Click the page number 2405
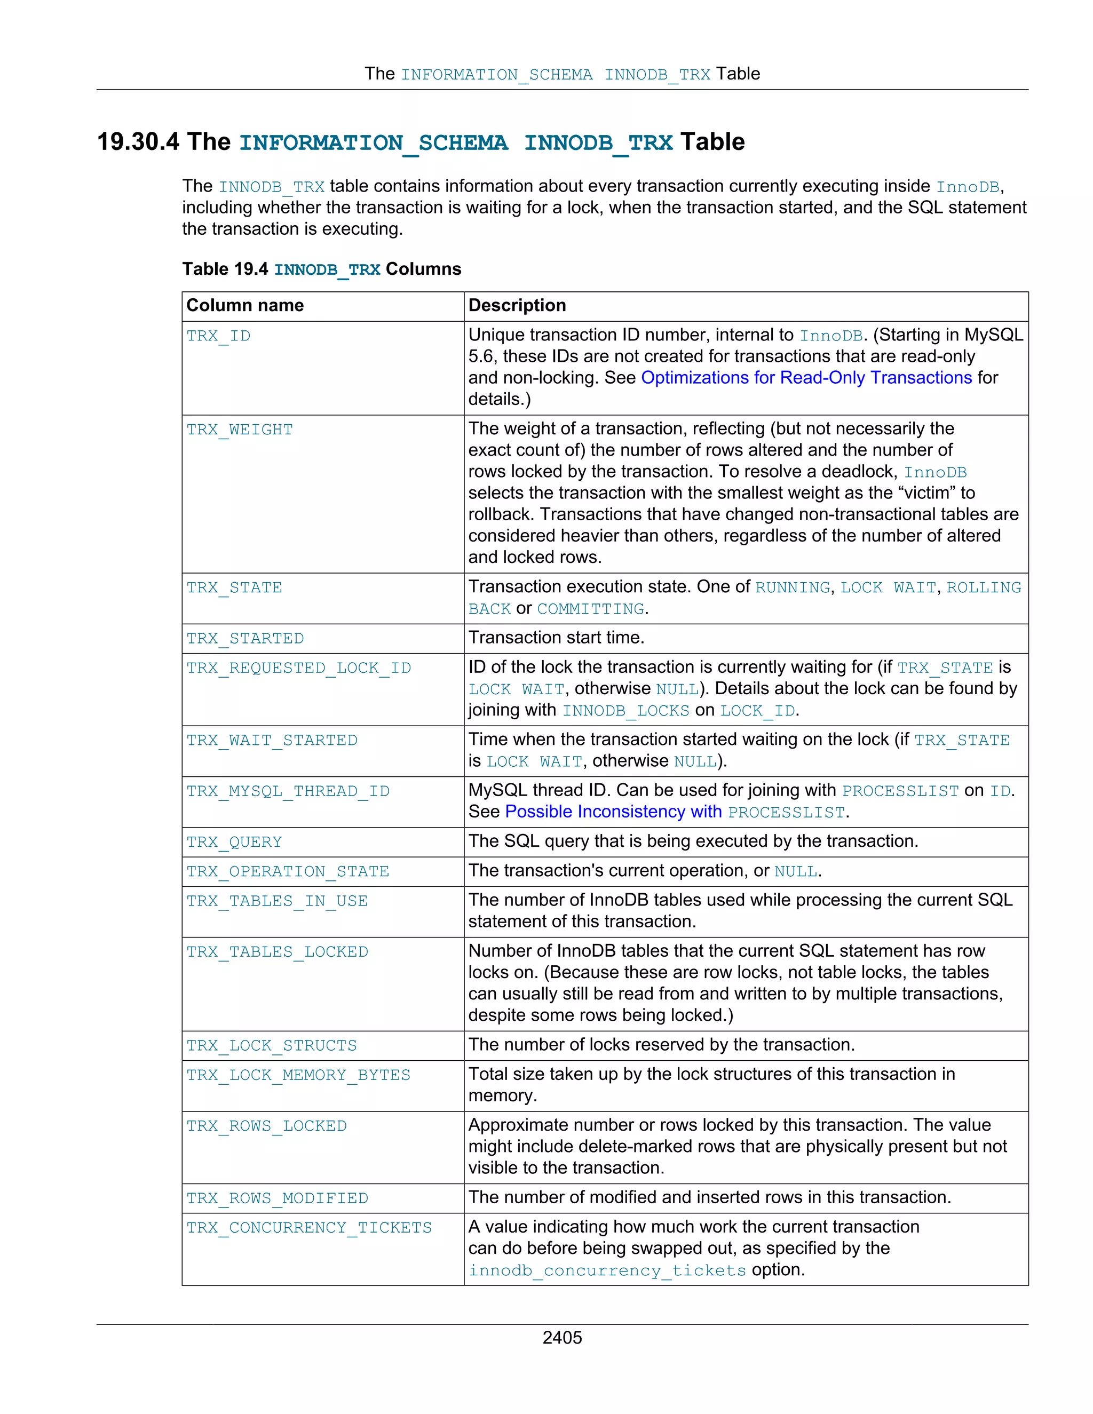tap(562, 1338)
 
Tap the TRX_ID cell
tap(218, 336)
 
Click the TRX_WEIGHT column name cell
tap(240, 430)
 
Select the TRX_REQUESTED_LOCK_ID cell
tap(298, 668)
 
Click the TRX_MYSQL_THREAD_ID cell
tap(288, 791)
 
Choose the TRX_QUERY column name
tap(234, 841)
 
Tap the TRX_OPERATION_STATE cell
tap(288, 871)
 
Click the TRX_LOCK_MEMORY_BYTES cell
tap(298, 1075)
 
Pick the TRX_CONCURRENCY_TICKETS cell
tap(309, 1228)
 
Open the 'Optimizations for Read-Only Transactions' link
tap(806, 377)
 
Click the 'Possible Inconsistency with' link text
tap(613, 812)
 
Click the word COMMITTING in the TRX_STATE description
tap(591, 609)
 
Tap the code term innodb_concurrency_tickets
tap(607, 1270)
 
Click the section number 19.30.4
tap(138, 142)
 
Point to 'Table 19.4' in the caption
tap(225, 269)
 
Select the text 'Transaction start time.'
tap(556, 638)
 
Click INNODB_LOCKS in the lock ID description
tap(625, 711)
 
